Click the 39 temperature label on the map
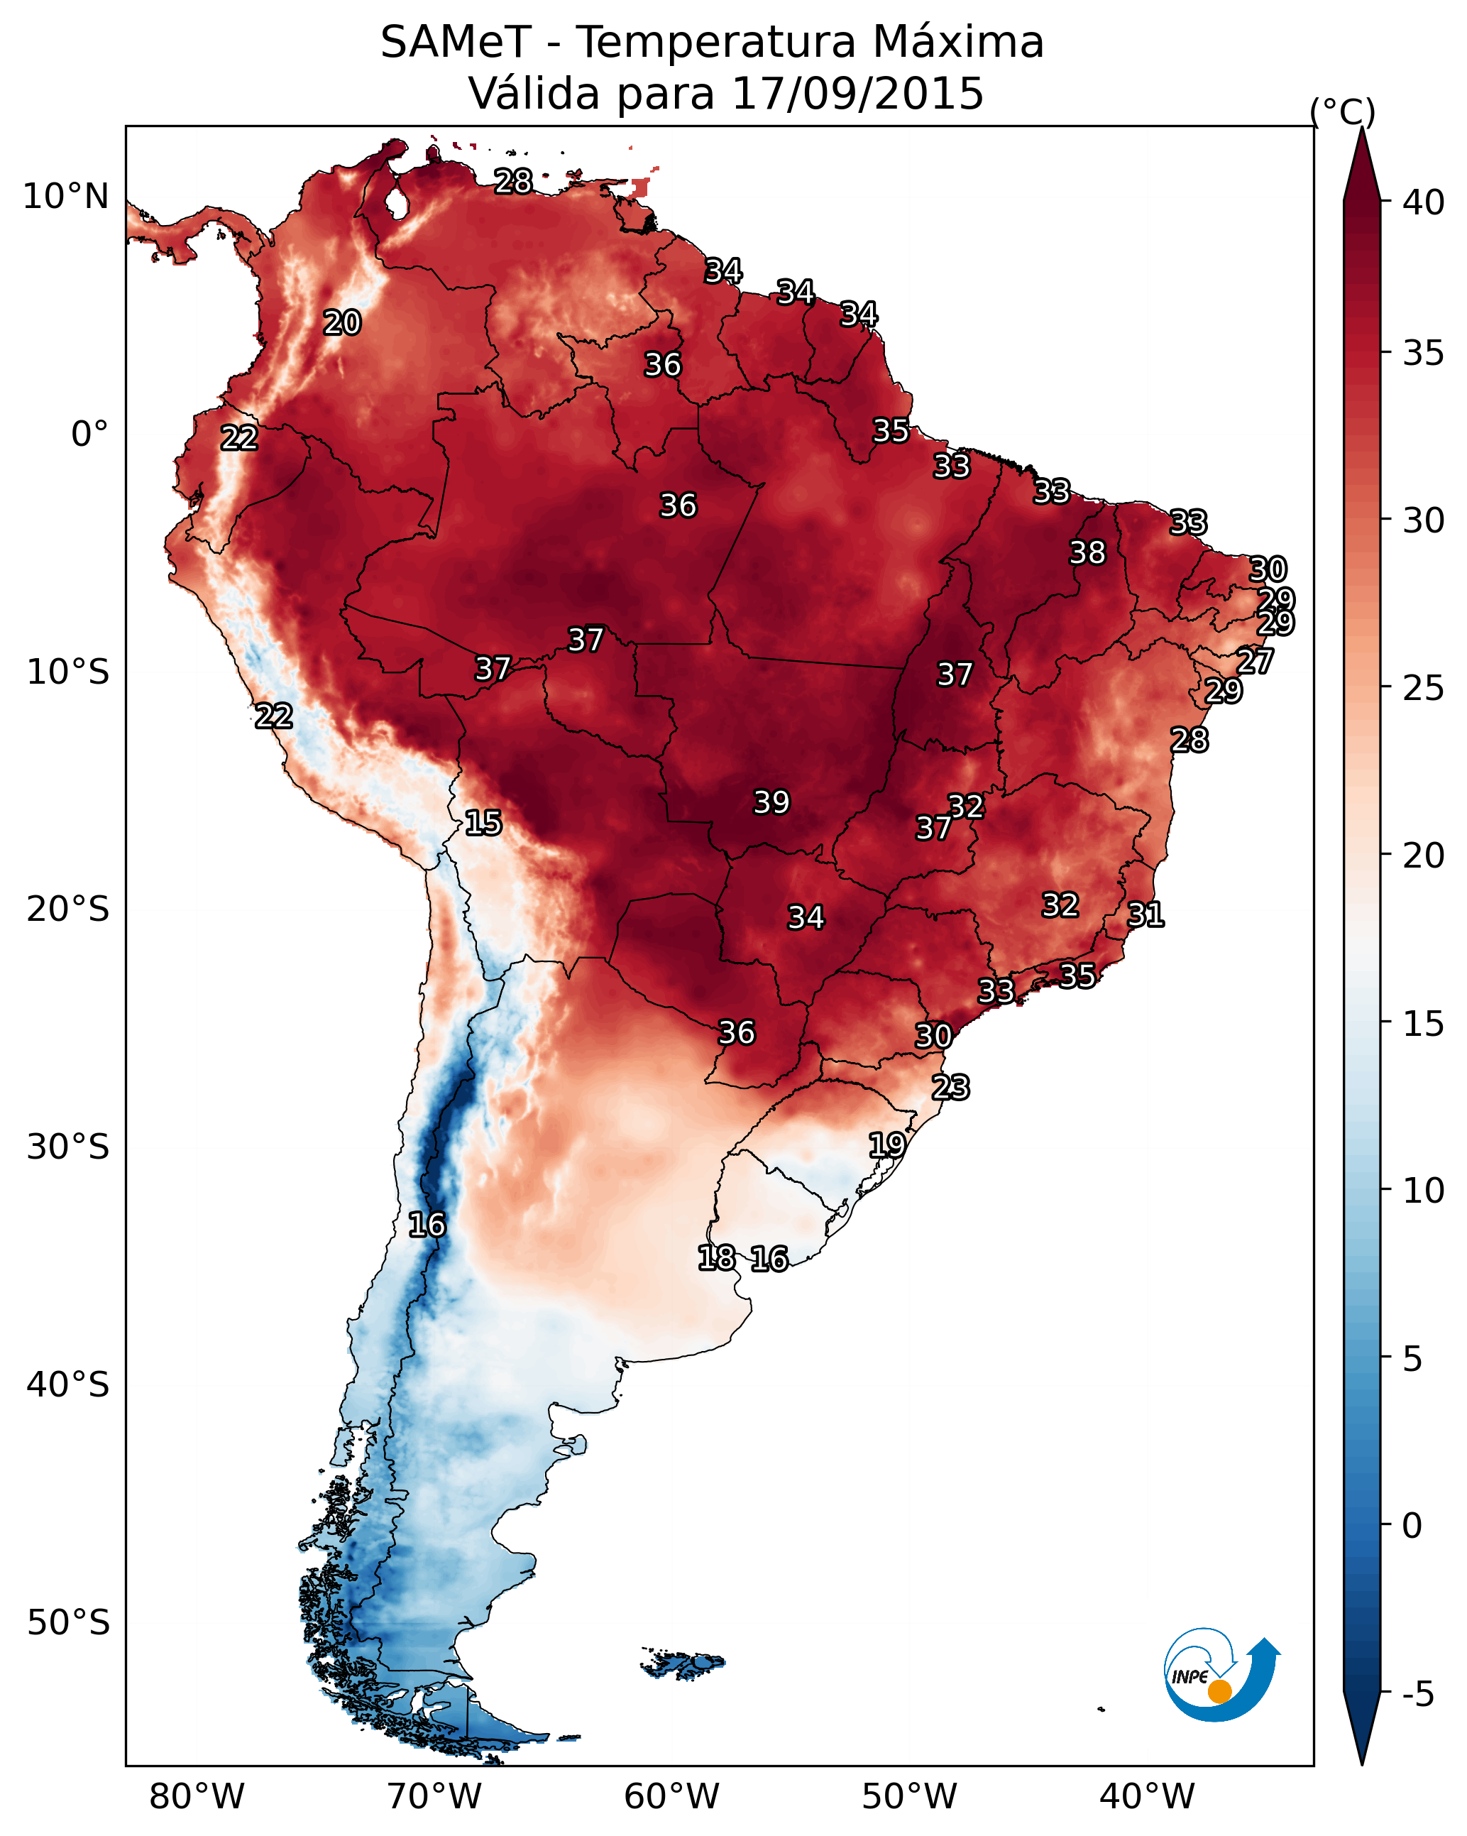771,802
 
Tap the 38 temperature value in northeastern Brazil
1087,552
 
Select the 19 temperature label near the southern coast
886,1144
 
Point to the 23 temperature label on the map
950,1088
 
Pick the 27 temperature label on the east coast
1255,661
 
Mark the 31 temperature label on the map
1145,914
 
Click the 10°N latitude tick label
65,197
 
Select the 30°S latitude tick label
68,1147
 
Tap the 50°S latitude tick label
68,1622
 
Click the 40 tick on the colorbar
1424,202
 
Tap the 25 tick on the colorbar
1424,688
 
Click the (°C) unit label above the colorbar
1343,111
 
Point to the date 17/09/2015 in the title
857,93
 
